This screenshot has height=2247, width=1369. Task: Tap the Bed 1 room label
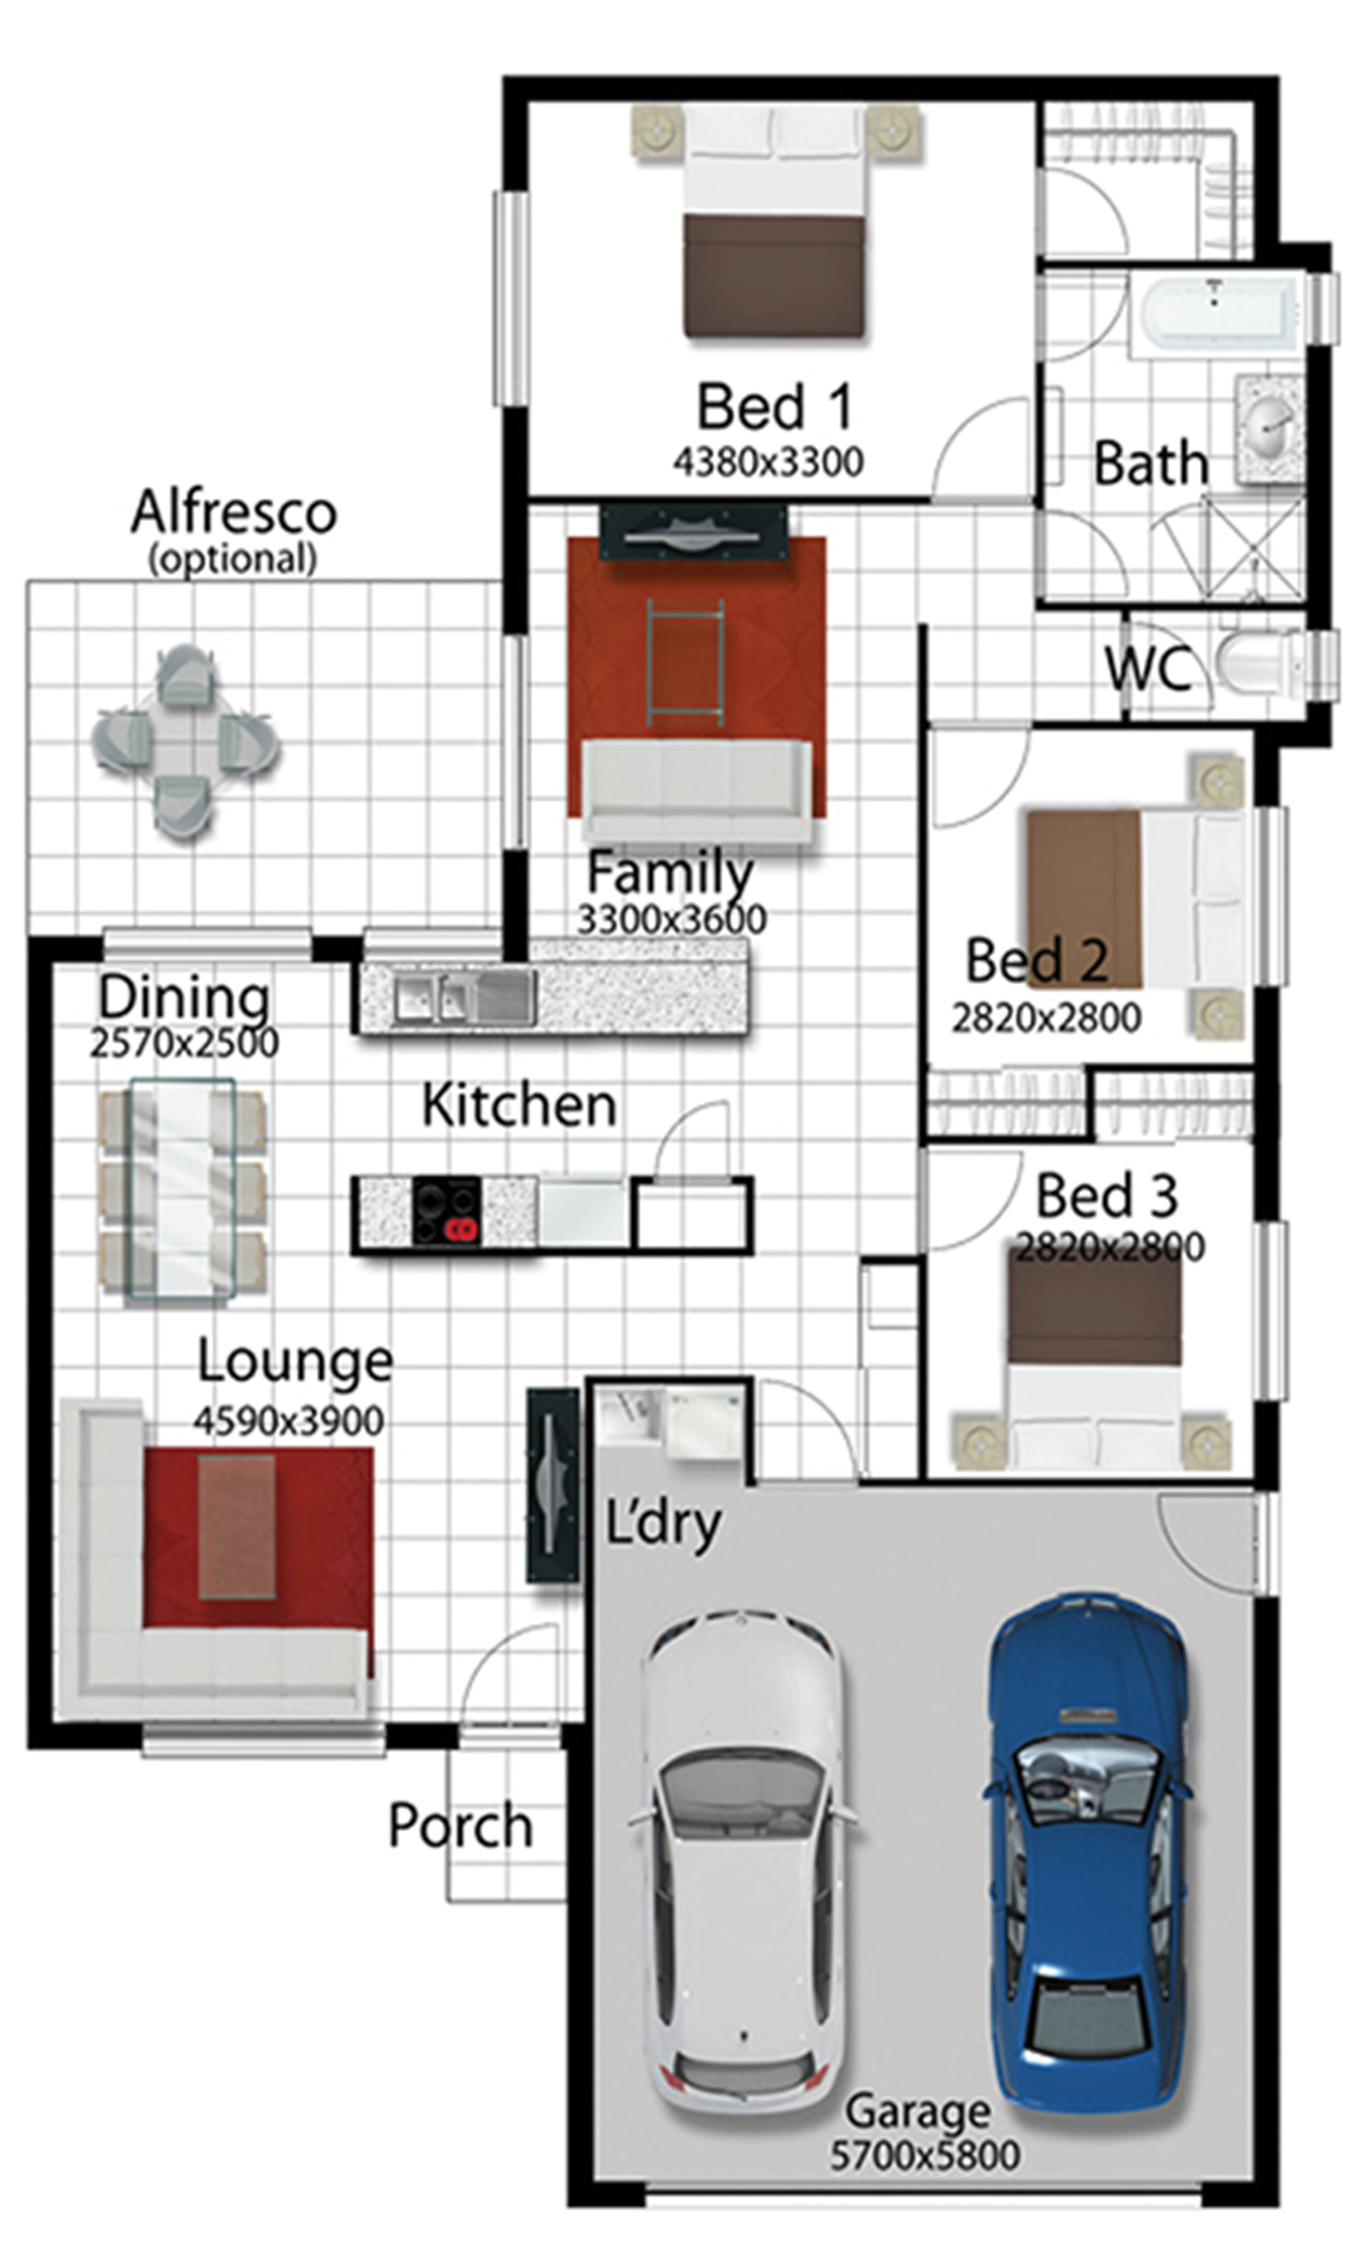tap(774, 407)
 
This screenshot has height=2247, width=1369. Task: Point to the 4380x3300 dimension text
tap(768, 462)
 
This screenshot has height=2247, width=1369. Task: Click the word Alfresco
tap(234, 512)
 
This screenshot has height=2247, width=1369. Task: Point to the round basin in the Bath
tap(1270, 429)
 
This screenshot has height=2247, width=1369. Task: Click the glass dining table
tap(183, 1189)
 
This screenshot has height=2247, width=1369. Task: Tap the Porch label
tap(460, 1826)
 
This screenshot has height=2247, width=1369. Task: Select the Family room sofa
tap(697, 791)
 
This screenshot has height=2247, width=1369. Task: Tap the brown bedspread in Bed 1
tap(774, 276)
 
